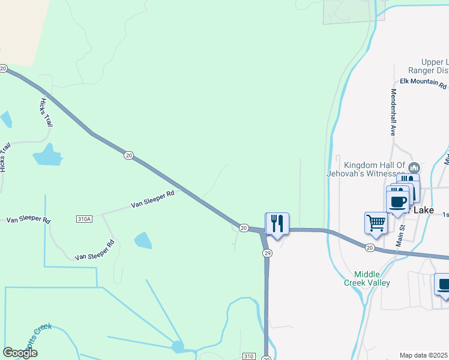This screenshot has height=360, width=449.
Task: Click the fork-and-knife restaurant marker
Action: (277, 223)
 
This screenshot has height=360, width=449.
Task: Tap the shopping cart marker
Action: (376, 223)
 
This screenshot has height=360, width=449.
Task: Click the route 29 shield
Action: (268, 253)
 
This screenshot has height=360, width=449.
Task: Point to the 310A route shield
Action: (85, 219)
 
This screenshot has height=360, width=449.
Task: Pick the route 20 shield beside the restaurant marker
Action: (243, 227)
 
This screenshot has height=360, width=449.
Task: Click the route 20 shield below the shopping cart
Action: (370, 247)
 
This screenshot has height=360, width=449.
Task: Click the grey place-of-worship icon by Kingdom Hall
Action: (414, 167)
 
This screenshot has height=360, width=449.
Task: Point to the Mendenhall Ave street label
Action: (394, 112)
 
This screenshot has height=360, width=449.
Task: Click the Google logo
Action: (20, 353)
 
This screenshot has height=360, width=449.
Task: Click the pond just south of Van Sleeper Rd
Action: (143, 241)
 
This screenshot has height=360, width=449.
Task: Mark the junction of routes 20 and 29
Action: (263, 231)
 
